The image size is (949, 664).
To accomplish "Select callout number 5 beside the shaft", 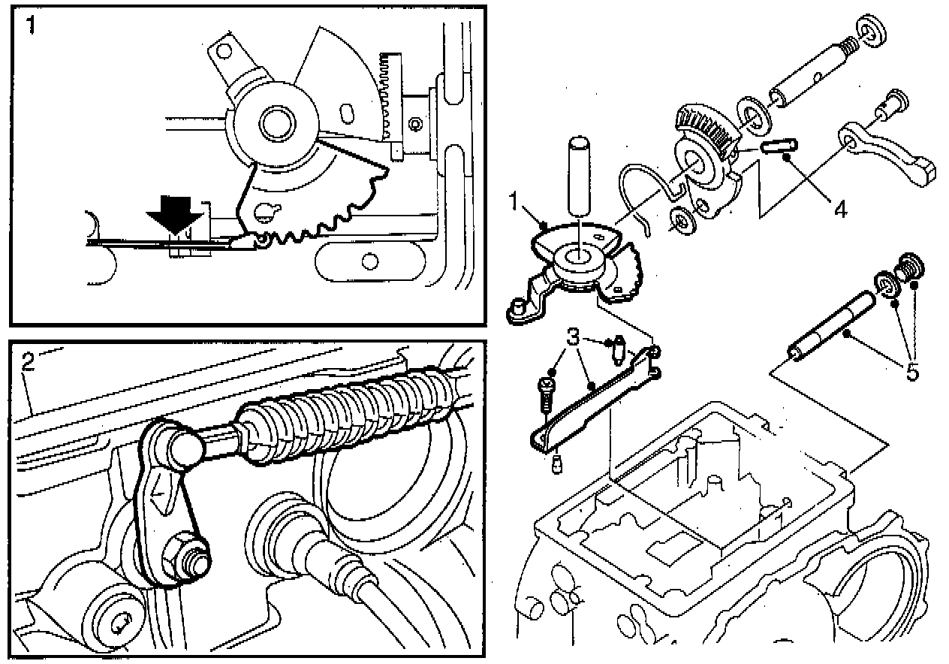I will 911,371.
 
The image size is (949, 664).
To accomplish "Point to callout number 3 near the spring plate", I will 573,337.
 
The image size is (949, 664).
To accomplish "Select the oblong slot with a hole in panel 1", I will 367,260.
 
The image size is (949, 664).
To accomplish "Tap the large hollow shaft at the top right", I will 811,75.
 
